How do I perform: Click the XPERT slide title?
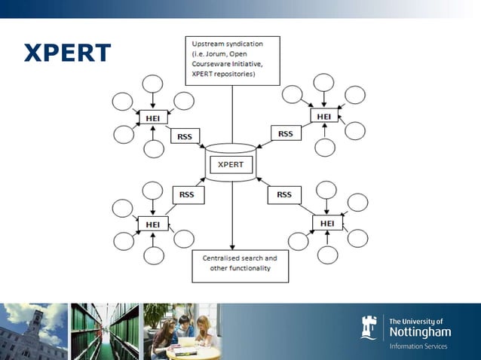[67, 53]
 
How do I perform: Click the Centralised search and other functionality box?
[239, 266]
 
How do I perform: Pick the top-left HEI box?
[153, 118]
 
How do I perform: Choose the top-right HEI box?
[323, 116]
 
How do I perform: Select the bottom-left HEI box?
[153, 224]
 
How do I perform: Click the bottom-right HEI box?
[327, 224]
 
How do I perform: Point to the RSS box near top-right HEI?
[285, 134]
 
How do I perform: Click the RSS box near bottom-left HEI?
[187, 194]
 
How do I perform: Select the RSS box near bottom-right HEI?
[283, 194]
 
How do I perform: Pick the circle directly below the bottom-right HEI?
[327, 255]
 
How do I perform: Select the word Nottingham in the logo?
[420, 331]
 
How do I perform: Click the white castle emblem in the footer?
[369, 328]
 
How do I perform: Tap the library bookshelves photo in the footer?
[105, 331]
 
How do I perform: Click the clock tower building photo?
[33, 331]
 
